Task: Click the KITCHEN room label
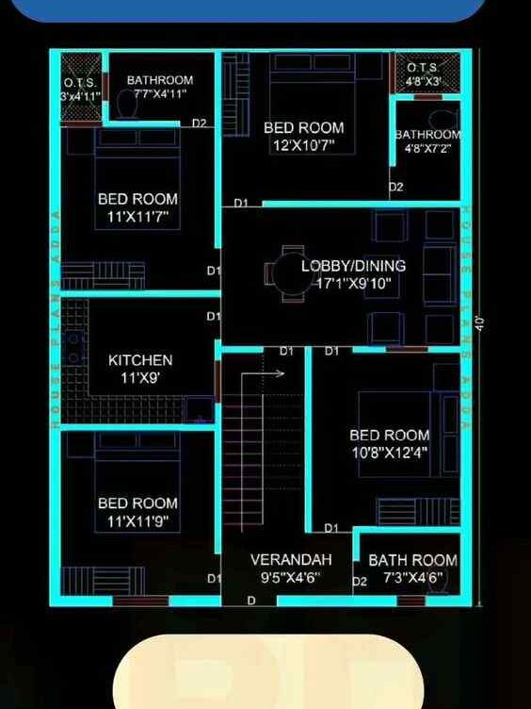(140, 360)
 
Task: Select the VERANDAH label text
(291, 559)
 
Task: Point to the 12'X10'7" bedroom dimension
(303, 145)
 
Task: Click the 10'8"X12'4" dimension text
(389, 453)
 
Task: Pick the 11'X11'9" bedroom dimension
(137, 521)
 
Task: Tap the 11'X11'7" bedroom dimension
(137, 217)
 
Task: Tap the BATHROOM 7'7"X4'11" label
(160, 87)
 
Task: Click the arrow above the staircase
(273, 373)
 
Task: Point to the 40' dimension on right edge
(479, 322)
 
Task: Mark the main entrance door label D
(251, 601)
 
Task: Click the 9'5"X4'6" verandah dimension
(291, 576)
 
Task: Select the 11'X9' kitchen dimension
(140, 377)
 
